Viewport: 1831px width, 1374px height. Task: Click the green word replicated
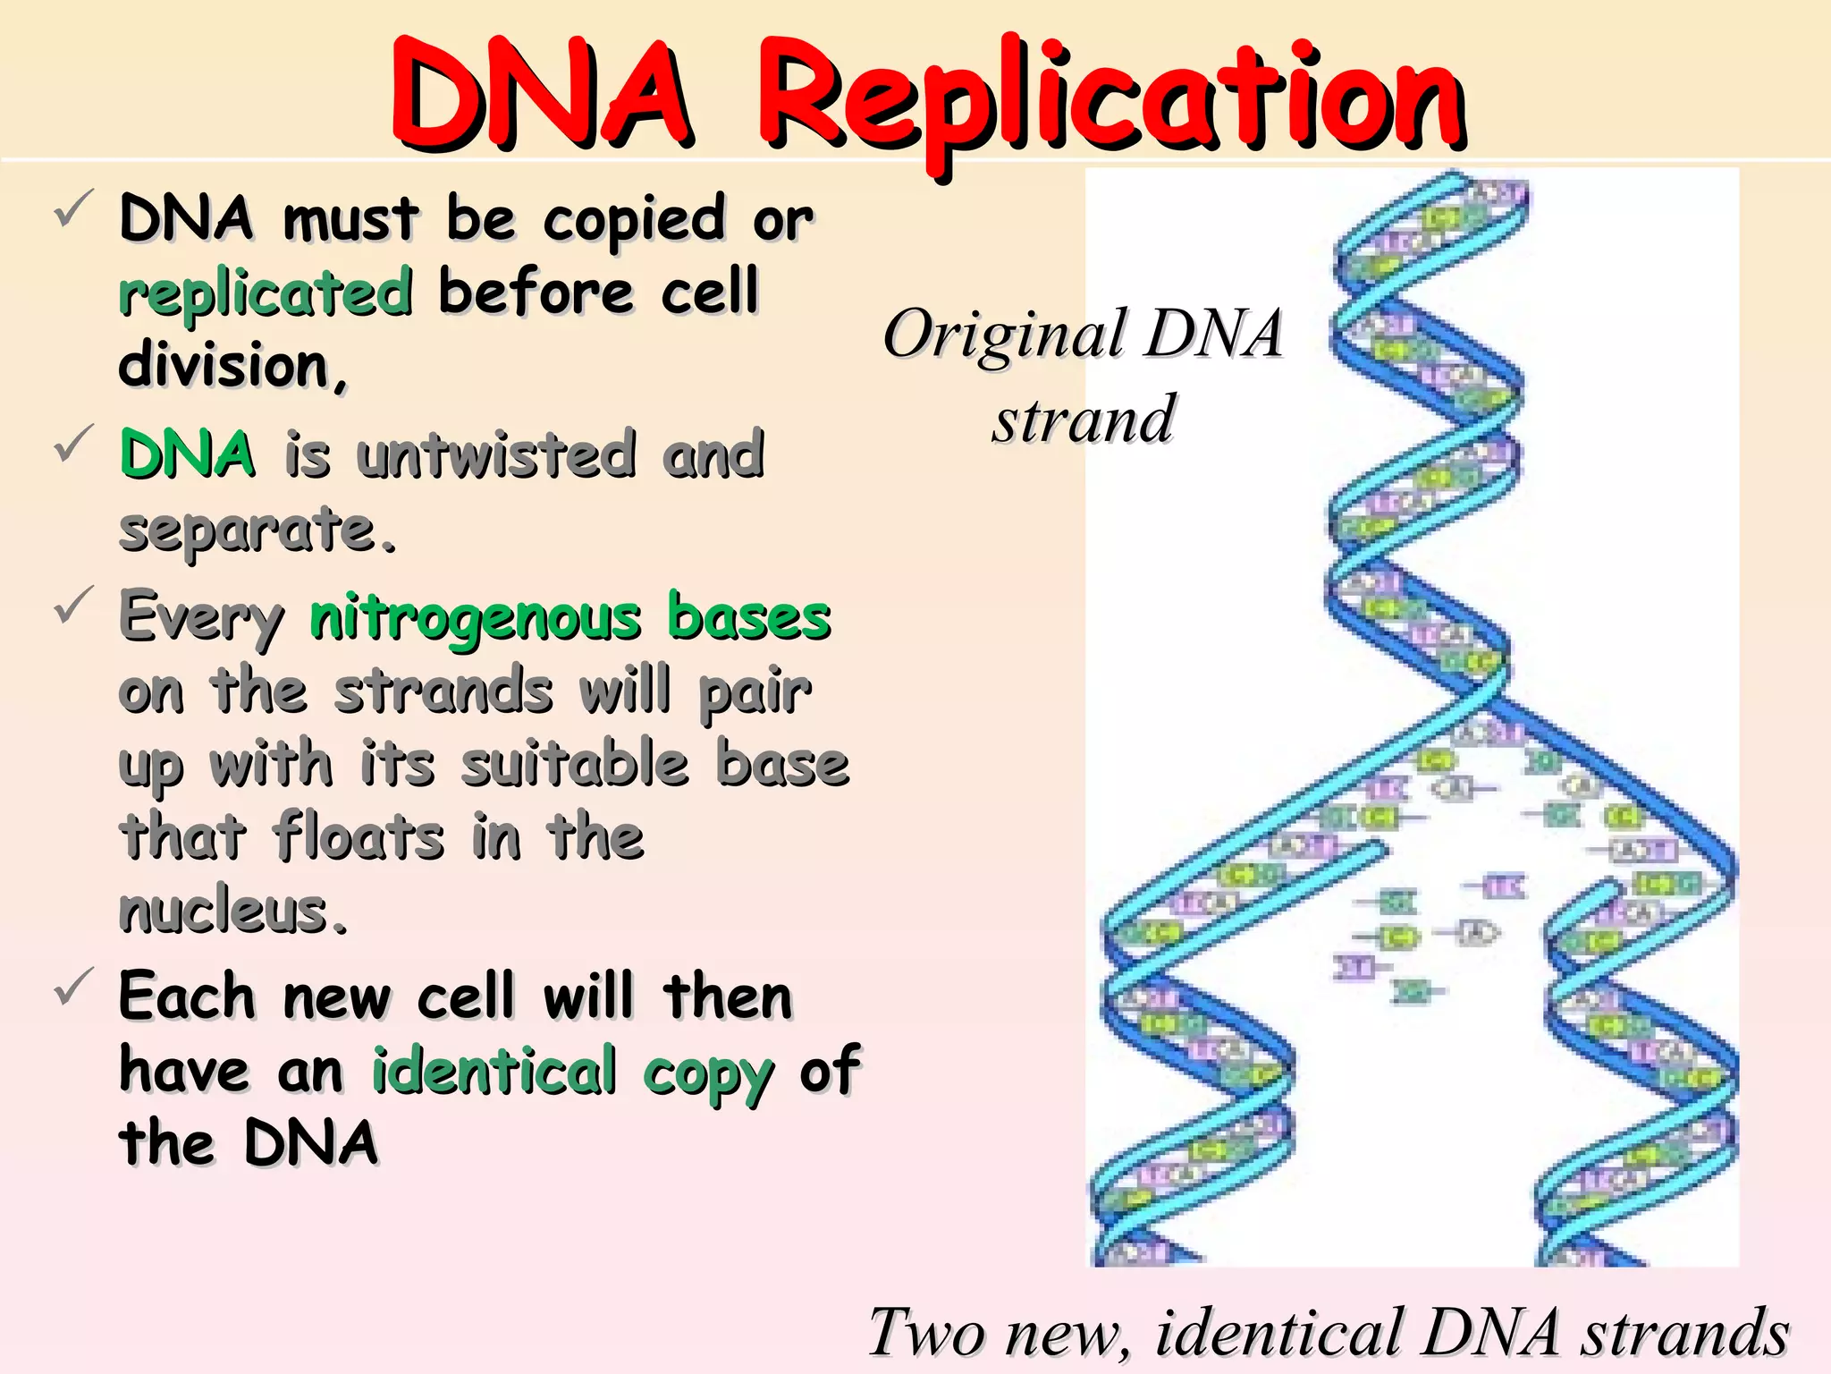click(266, 293)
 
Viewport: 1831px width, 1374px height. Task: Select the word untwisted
click(497, 454)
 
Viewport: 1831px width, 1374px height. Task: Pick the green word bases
click(749, 617)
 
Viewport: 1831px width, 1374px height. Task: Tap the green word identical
click(494, 1071)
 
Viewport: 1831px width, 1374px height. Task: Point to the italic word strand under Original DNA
click(1083, 419)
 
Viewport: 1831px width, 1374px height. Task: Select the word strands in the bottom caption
click(1686, 1333)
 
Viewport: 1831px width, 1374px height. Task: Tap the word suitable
click(575, 765)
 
